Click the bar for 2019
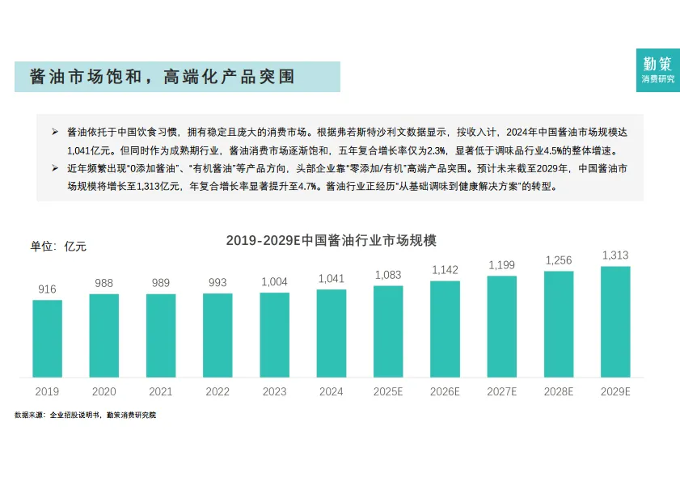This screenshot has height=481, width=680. coord(47,338)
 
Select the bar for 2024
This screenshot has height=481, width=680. coord(331,332)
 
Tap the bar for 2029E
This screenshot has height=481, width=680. coord(615,322)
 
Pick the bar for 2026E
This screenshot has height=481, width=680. coord(445,328)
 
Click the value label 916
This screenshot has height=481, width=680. coord(47,289)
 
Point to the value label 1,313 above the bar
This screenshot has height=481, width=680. coord(615,255)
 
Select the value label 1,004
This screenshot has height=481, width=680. coord(274,281)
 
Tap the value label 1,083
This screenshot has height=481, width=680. coord(388,275)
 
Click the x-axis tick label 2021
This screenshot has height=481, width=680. coord(160,391)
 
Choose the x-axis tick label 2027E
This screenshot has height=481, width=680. coord(501,391)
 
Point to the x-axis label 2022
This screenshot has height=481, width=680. coord(218,391)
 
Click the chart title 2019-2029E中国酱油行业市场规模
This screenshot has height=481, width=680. coord(331,240)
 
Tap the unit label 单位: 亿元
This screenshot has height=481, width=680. coord(58,246)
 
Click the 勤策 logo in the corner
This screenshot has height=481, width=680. coord(657,70)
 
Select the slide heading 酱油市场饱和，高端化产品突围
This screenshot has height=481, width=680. coord(162,77)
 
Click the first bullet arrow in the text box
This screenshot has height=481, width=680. coord(55,131)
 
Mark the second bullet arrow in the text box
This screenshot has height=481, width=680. coord(55,168)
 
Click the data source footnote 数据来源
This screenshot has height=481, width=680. coord(85,415)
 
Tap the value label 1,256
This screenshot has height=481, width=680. coord(559,260)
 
